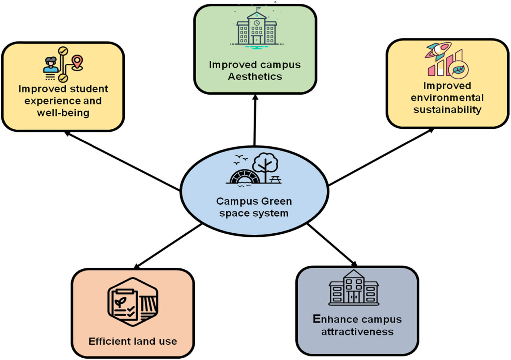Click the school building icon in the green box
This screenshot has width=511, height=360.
257,30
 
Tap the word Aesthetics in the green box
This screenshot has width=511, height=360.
255,77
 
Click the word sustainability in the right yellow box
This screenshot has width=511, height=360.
447,110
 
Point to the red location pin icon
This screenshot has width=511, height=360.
77,63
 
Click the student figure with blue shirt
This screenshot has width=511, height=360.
51,65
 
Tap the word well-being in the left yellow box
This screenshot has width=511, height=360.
63,113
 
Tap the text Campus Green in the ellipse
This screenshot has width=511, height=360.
254,201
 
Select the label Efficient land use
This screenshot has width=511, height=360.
133,341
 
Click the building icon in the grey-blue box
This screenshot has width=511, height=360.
354,288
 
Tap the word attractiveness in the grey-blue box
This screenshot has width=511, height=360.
357,332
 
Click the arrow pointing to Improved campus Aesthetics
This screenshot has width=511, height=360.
255,119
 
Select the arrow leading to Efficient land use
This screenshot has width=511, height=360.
169,246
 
